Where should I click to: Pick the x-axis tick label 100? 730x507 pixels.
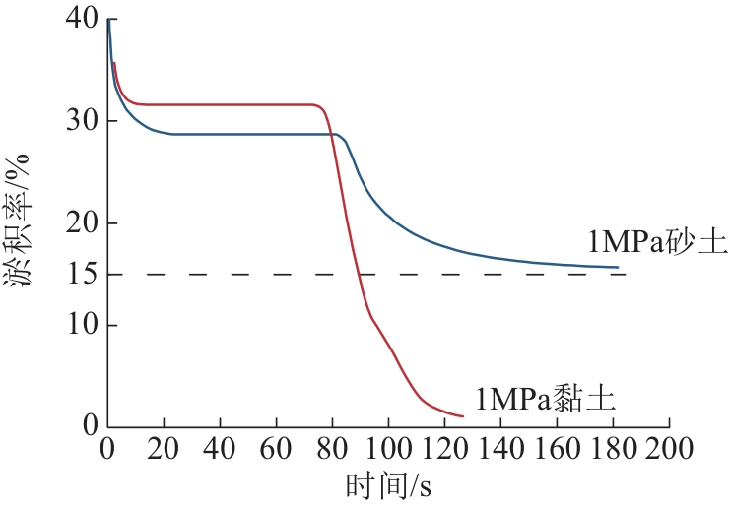(x=388, y=452)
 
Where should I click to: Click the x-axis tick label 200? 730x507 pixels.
(x=670, y=452)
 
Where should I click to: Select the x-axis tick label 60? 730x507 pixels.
(x=276, y=452)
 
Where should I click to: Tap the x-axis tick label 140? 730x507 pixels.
(x=500, y=452)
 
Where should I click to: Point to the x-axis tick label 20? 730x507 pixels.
(x=164, y=452)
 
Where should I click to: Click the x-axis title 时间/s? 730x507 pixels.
(x=389, y=486)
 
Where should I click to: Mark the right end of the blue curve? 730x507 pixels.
(x=618, y=267)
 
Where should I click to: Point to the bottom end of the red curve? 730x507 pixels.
(x=462, y=416)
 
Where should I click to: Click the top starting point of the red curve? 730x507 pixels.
(x=114, y=63)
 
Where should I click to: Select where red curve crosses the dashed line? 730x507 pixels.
(x=360, y=274)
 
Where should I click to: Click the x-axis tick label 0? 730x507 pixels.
(x=107, y=452)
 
